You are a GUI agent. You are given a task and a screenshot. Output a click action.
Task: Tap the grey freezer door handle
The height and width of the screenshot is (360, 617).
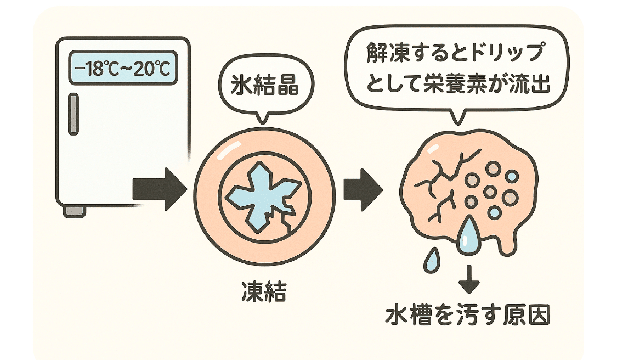72,114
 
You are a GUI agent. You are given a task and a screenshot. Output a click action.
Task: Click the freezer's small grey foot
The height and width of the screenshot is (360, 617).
74,210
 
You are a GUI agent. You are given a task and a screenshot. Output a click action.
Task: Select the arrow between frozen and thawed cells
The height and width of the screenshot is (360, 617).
362,189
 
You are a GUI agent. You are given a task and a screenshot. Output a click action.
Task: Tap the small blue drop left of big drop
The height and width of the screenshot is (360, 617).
432,261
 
